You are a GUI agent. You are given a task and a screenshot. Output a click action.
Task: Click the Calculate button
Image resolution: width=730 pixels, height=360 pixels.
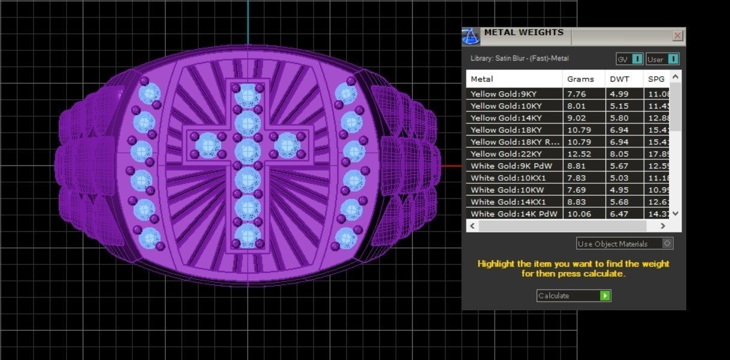573,295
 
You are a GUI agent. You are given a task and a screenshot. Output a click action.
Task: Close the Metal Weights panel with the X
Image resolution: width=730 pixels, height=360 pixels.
677,36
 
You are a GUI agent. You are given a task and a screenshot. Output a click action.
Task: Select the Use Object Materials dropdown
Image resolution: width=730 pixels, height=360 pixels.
624,244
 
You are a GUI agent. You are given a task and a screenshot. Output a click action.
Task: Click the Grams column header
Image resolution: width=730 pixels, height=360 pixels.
580,79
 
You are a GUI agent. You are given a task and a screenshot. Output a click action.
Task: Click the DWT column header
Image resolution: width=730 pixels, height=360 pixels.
619,79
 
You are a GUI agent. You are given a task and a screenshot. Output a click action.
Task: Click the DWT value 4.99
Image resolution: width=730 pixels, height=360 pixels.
619,94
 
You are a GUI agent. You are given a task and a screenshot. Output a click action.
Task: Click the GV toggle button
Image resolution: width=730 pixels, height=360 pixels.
629,59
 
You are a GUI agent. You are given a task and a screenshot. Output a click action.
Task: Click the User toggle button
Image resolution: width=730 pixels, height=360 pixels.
662,59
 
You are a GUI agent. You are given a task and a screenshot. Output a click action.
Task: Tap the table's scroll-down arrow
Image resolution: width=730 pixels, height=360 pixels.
676,213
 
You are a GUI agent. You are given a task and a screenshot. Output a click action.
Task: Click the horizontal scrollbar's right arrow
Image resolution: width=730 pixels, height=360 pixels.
662,226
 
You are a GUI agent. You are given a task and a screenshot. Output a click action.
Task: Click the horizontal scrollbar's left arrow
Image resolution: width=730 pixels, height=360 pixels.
472,226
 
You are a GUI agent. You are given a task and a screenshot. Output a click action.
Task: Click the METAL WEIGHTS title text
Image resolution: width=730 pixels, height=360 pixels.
523,32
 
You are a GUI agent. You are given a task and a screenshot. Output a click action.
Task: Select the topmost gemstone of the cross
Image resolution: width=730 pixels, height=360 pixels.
247,96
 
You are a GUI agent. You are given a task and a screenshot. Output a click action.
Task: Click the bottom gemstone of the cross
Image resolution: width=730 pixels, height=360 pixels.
247,235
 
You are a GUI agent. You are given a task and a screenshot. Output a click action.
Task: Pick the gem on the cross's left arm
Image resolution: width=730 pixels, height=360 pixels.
207,144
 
